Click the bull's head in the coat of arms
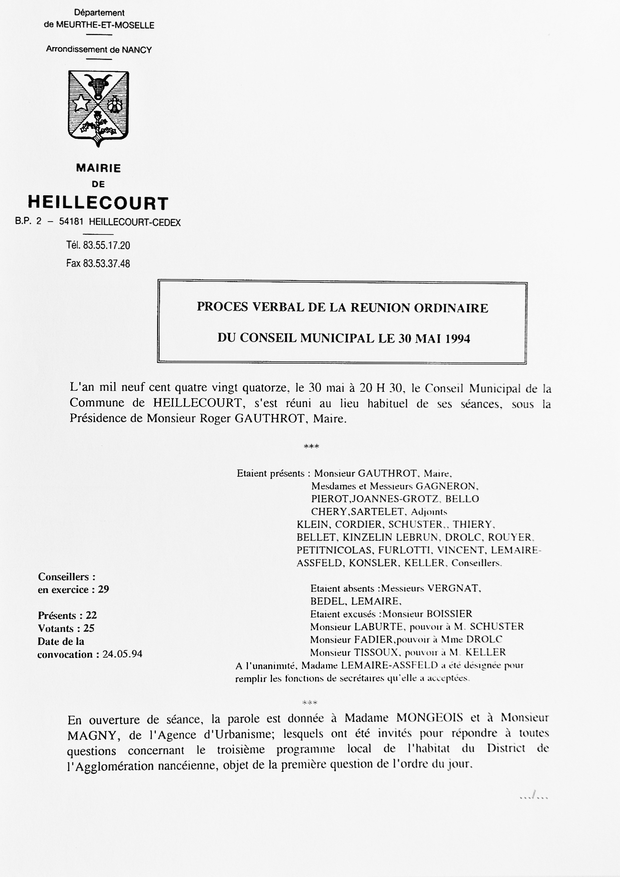[x=99, y=85]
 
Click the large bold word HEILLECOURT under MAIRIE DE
[x=98, y=203]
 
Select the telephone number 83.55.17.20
[x=107, y=245]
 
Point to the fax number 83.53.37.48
[x=107, y=264]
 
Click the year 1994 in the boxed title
[x=457, y=339]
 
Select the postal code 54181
[x=71, y=222]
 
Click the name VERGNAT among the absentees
[x=453, y=588]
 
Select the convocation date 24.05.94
[x=122, y=654]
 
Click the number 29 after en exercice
[x=103, y=589]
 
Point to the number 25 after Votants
[x=89, y=628]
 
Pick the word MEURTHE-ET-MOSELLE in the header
[x=105, y=26]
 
